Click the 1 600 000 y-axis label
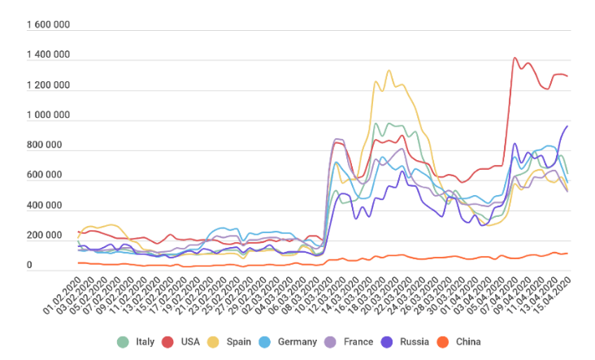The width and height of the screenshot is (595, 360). coord(48,25)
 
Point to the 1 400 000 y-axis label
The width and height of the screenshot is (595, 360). coord(48,55)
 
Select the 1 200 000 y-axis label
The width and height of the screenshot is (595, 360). coord(48,85)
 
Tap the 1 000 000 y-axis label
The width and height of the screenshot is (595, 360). coord(48,115)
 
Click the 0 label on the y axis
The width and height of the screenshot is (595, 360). coord(29,266)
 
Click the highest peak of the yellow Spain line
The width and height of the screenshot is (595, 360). coord(389,71)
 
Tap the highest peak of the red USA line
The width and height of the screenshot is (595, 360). coord(515,58)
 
